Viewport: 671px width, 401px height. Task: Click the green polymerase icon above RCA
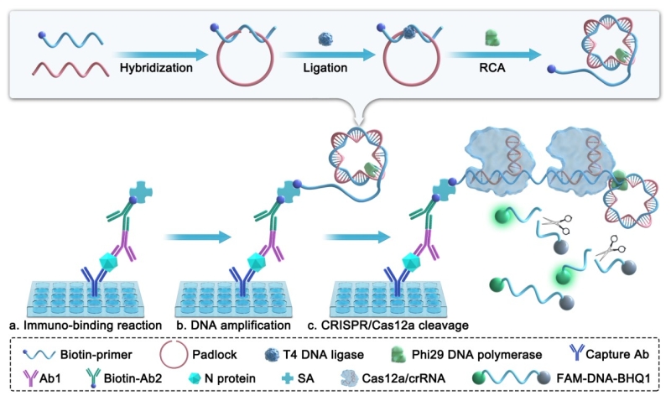pyautogui.click(x=492, y=39)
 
